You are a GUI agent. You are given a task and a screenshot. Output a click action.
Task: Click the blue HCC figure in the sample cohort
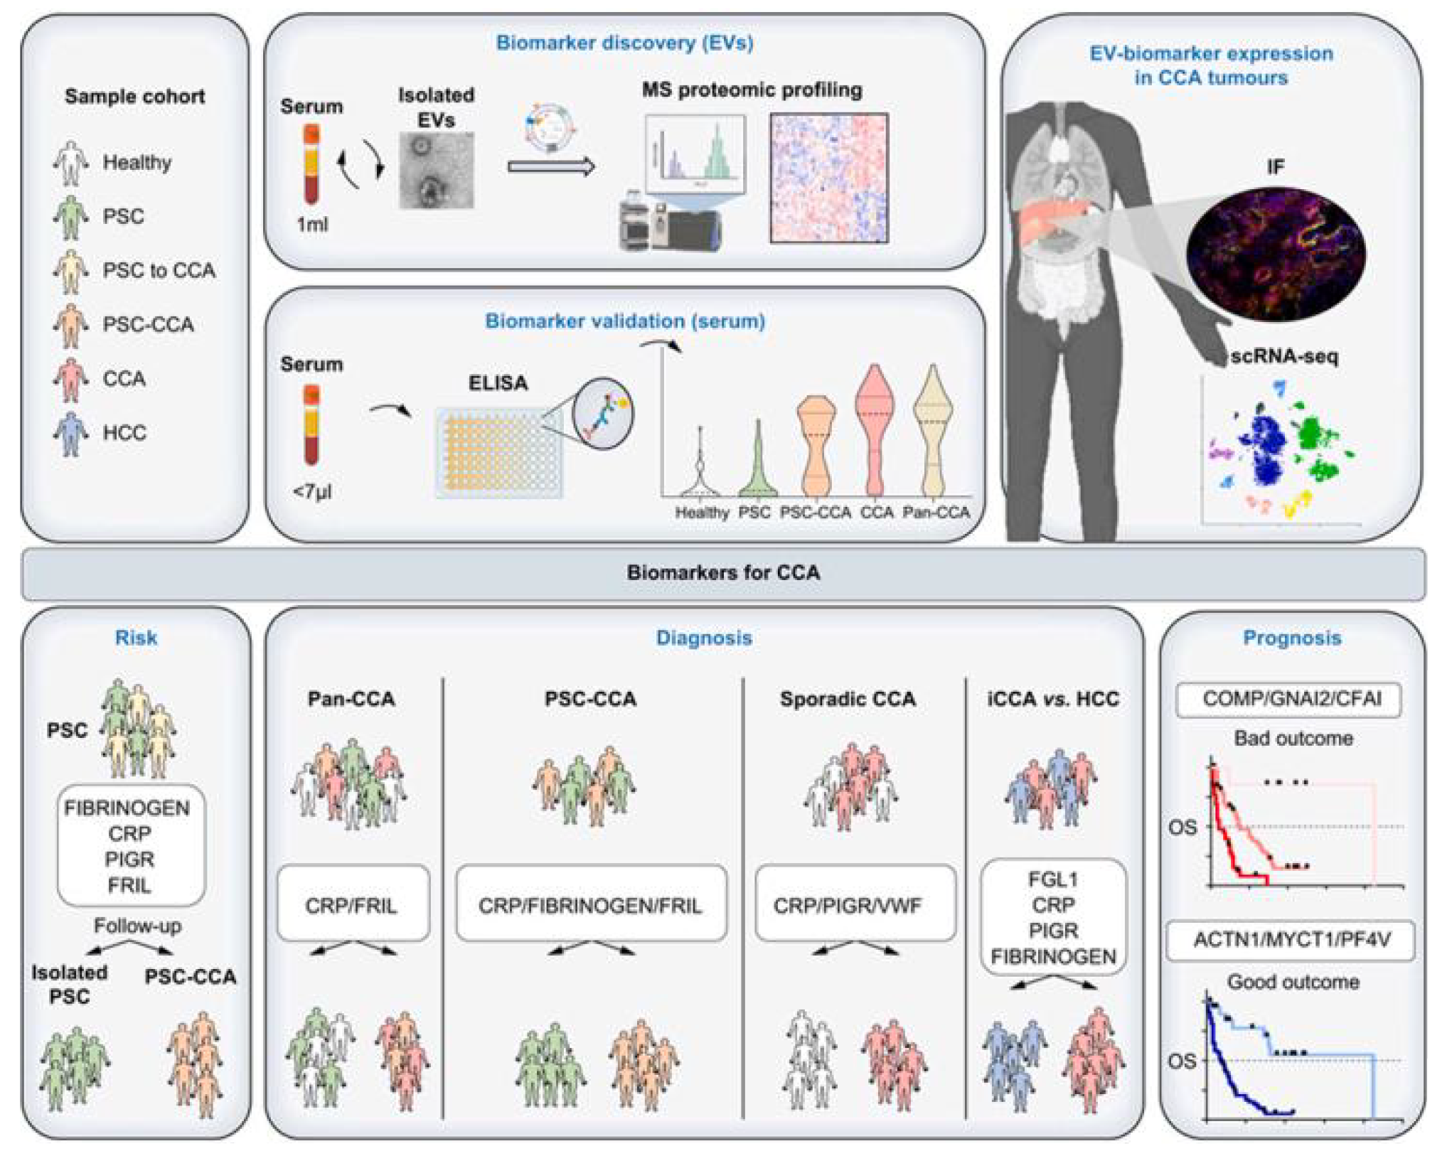[70, 433]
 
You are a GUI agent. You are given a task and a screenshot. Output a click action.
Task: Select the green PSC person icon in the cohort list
[70, 217]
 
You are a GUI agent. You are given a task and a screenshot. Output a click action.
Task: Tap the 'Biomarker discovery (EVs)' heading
[624, 43]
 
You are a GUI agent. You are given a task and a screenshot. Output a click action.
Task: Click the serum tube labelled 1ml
[311, 165]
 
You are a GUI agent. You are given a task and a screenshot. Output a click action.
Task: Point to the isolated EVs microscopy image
[436, 171]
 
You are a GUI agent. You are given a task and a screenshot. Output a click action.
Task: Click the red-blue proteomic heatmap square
[829, 178]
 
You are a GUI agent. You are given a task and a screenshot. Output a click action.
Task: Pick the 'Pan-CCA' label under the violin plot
[936, 513]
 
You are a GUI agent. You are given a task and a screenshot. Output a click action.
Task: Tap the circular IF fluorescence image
[1276, 253]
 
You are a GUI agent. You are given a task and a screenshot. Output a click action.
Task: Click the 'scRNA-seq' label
[1284, 356]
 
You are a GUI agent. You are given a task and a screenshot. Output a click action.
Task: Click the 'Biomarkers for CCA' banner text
[723, 573]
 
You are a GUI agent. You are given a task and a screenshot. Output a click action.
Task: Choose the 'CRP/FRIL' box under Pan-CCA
[352, 905]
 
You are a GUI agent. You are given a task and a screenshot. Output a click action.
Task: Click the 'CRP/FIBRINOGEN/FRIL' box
[590, 905]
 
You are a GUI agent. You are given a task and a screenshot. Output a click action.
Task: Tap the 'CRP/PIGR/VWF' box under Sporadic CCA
[848, 905]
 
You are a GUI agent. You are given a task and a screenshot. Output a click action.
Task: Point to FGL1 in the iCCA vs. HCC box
[1052, 879]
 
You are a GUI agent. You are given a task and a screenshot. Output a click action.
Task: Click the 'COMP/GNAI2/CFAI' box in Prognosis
[1291, 699]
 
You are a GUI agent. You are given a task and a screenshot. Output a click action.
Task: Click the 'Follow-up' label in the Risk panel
[137, 926]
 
